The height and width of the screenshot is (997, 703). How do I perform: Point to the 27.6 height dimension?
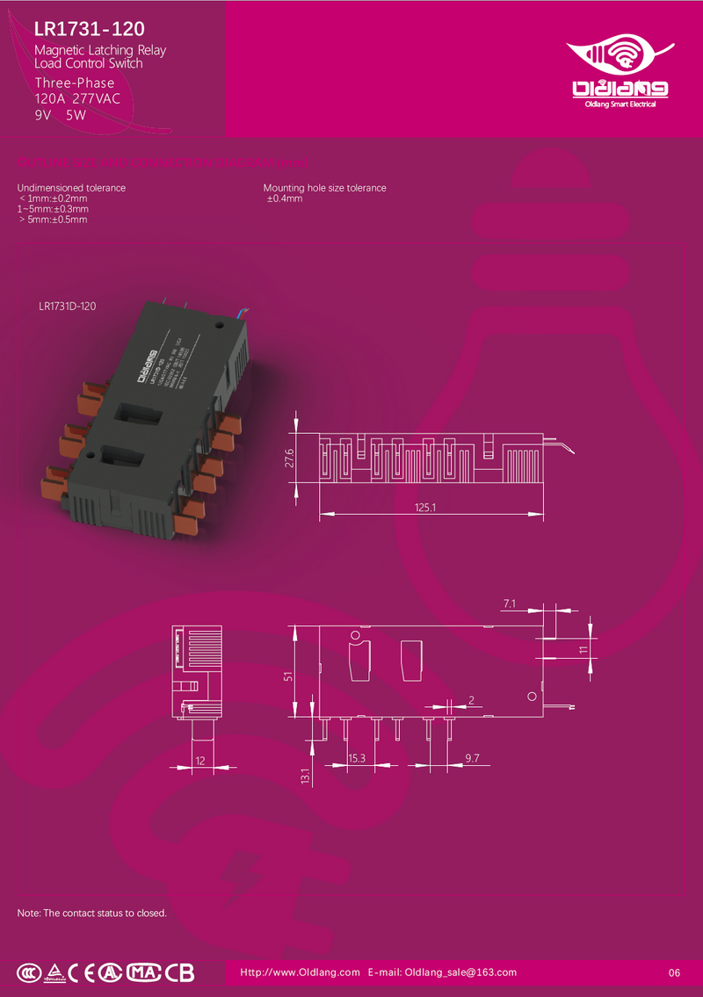(x=289, y=459)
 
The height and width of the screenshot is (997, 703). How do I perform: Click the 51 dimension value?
(x=289, y=676)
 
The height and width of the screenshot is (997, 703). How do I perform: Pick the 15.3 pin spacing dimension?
(x=357, y=757)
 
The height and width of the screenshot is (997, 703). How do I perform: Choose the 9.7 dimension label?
(x=472, y=757)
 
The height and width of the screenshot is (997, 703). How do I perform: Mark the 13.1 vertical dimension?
(x=305, y=777)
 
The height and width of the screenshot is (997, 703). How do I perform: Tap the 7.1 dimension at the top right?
(x=510, y=603)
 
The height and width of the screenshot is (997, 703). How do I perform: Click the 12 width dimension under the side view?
(x=200, y=762)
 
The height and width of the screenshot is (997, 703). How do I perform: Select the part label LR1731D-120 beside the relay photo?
(x=68, y=307)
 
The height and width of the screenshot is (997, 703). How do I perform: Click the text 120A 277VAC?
(x=77, y=98)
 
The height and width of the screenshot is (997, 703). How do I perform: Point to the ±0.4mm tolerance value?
(x=285, y=199)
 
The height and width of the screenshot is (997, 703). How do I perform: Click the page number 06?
(x=675, y=972)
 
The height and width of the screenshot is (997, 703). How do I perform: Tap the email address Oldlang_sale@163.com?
(x=460, y=972)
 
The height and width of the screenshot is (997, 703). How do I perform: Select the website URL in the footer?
(x=301, y=972)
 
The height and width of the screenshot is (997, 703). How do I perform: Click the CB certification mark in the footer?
(x=179, y=972)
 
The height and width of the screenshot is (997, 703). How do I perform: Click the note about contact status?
(x=92, y=913)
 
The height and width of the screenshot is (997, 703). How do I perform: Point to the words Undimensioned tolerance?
(x=71, y=188)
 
